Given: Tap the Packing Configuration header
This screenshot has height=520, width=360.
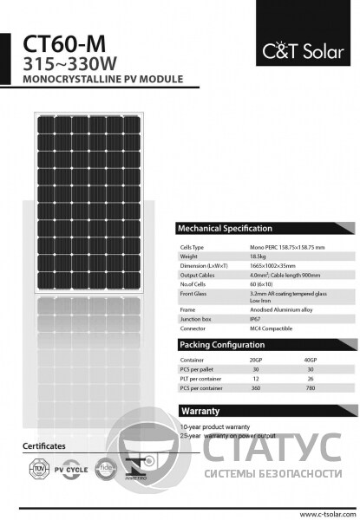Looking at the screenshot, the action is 221,344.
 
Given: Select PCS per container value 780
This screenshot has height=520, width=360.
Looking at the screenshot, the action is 311,387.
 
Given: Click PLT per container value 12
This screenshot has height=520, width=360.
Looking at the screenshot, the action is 255,377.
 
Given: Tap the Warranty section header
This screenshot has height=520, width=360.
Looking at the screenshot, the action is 199,410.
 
